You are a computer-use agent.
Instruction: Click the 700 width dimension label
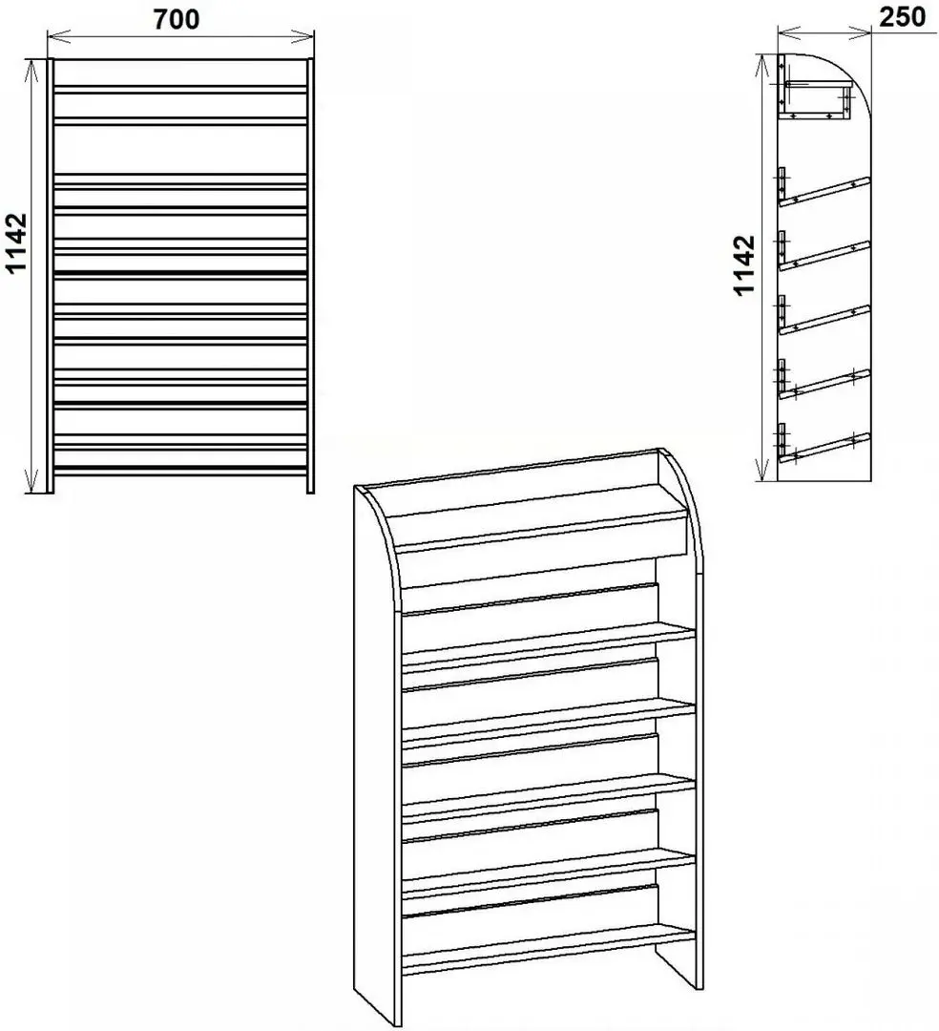coord(177,19)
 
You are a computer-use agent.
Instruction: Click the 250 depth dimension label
coord(903,17)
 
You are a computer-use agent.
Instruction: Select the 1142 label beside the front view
coord(15,242)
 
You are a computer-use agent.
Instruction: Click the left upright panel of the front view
coord(50,276)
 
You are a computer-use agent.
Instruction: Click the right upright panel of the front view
coord(311,276)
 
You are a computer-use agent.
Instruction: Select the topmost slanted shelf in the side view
coord(824,192)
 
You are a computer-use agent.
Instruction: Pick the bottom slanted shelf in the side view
coord(824,449)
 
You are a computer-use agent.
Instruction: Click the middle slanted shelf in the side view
coord(824,320)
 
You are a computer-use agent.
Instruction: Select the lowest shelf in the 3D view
coord(549,951)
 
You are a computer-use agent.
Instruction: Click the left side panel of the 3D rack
coord(377,756)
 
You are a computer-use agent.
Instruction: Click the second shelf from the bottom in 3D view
coord(549,873)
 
